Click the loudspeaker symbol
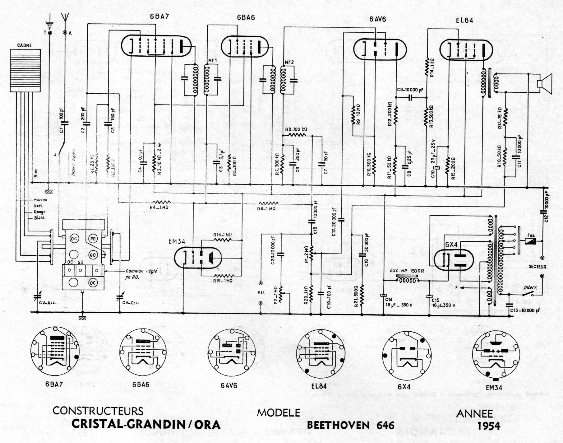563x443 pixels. (x=544, y=84)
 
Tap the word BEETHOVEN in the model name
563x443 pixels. (x=338, y=425)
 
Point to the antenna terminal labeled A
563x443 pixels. (x=65, y=32)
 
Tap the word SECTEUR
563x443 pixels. (x=537, y=267)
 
